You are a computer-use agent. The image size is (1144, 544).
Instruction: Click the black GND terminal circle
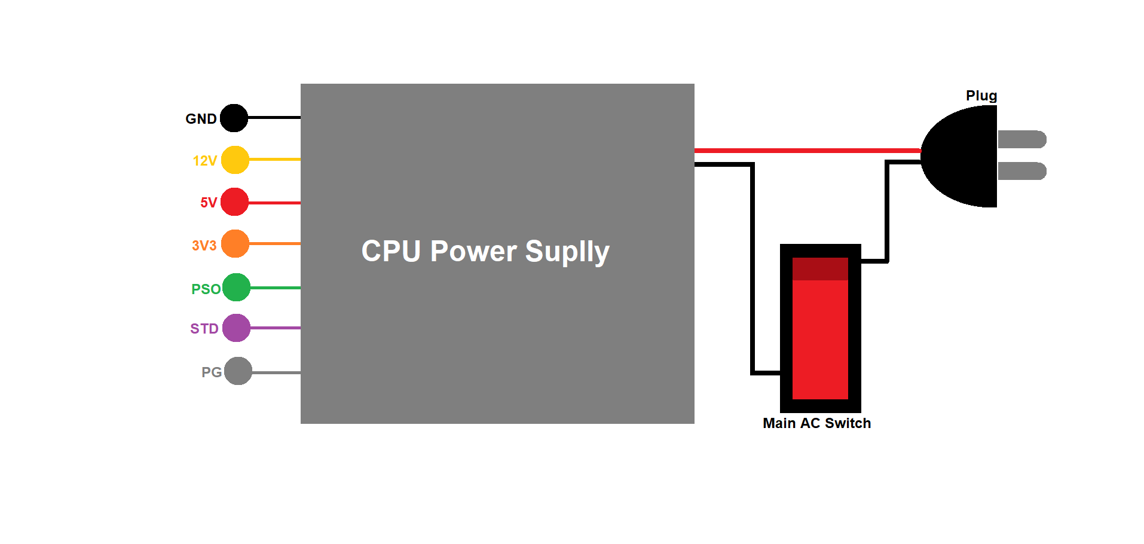(x=234, y=118)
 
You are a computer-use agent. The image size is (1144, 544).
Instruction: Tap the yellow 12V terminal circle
(x=235, y=160)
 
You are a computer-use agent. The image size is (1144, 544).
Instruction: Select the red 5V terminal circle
(x=234, y=202)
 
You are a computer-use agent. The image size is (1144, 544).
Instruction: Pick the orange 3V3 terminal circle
(x=235, y=244)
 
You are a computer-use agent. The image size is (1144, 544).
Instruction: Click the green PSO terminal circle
(x=236, y=288)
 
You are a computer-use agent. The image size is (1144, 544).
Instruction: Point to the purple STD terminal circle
(x=236, y=328)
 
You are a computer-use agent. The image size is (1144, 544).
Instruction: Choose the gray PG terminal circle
(x=238, y=371)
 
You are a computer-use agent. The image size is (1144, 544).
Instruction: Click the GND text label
(x=201, y=119)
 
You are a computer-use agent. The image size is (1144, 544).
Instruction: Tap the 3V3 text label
(x=204, y=246)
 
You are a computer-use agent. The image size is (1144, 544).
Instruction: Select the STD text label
(x=204, y=329)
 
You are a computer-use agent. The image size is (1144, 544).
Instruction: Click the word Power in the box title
(x=473, y=251)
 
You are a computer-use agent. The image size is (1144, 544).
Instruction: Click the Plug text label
(x=981, y=96)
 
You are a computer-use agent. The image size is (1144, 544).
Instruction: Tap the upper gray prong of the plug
(x=1021, y=139)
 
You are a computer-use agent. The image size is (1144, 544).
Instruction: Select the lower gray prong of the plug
(x=1021, y=171)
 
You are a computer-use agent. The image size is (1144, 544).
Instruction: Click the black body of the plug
(x=965, y=157)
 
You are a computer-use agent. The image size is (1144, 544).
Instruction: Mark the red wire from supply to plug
(x=807, y=151)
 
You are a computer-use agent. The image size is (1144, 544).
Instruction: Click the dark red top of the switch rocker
(x=820, y=269)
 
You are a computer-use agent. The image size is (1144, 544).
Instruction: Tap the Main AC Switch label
(x=816, y=423)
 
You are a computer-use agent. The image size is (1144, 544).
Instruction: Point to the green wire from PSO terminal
(x=275, y=288)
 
